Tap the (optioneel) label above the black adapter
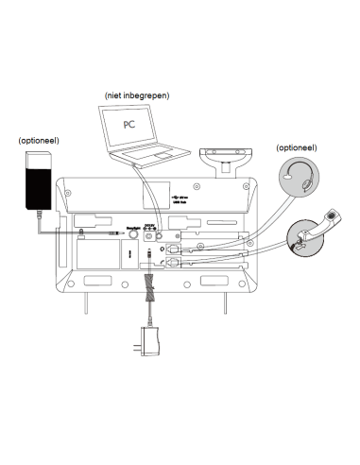pyautogui.click(x=39, y=140)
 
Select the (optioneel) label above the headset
pyautogui.click(x=296, y=148)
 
